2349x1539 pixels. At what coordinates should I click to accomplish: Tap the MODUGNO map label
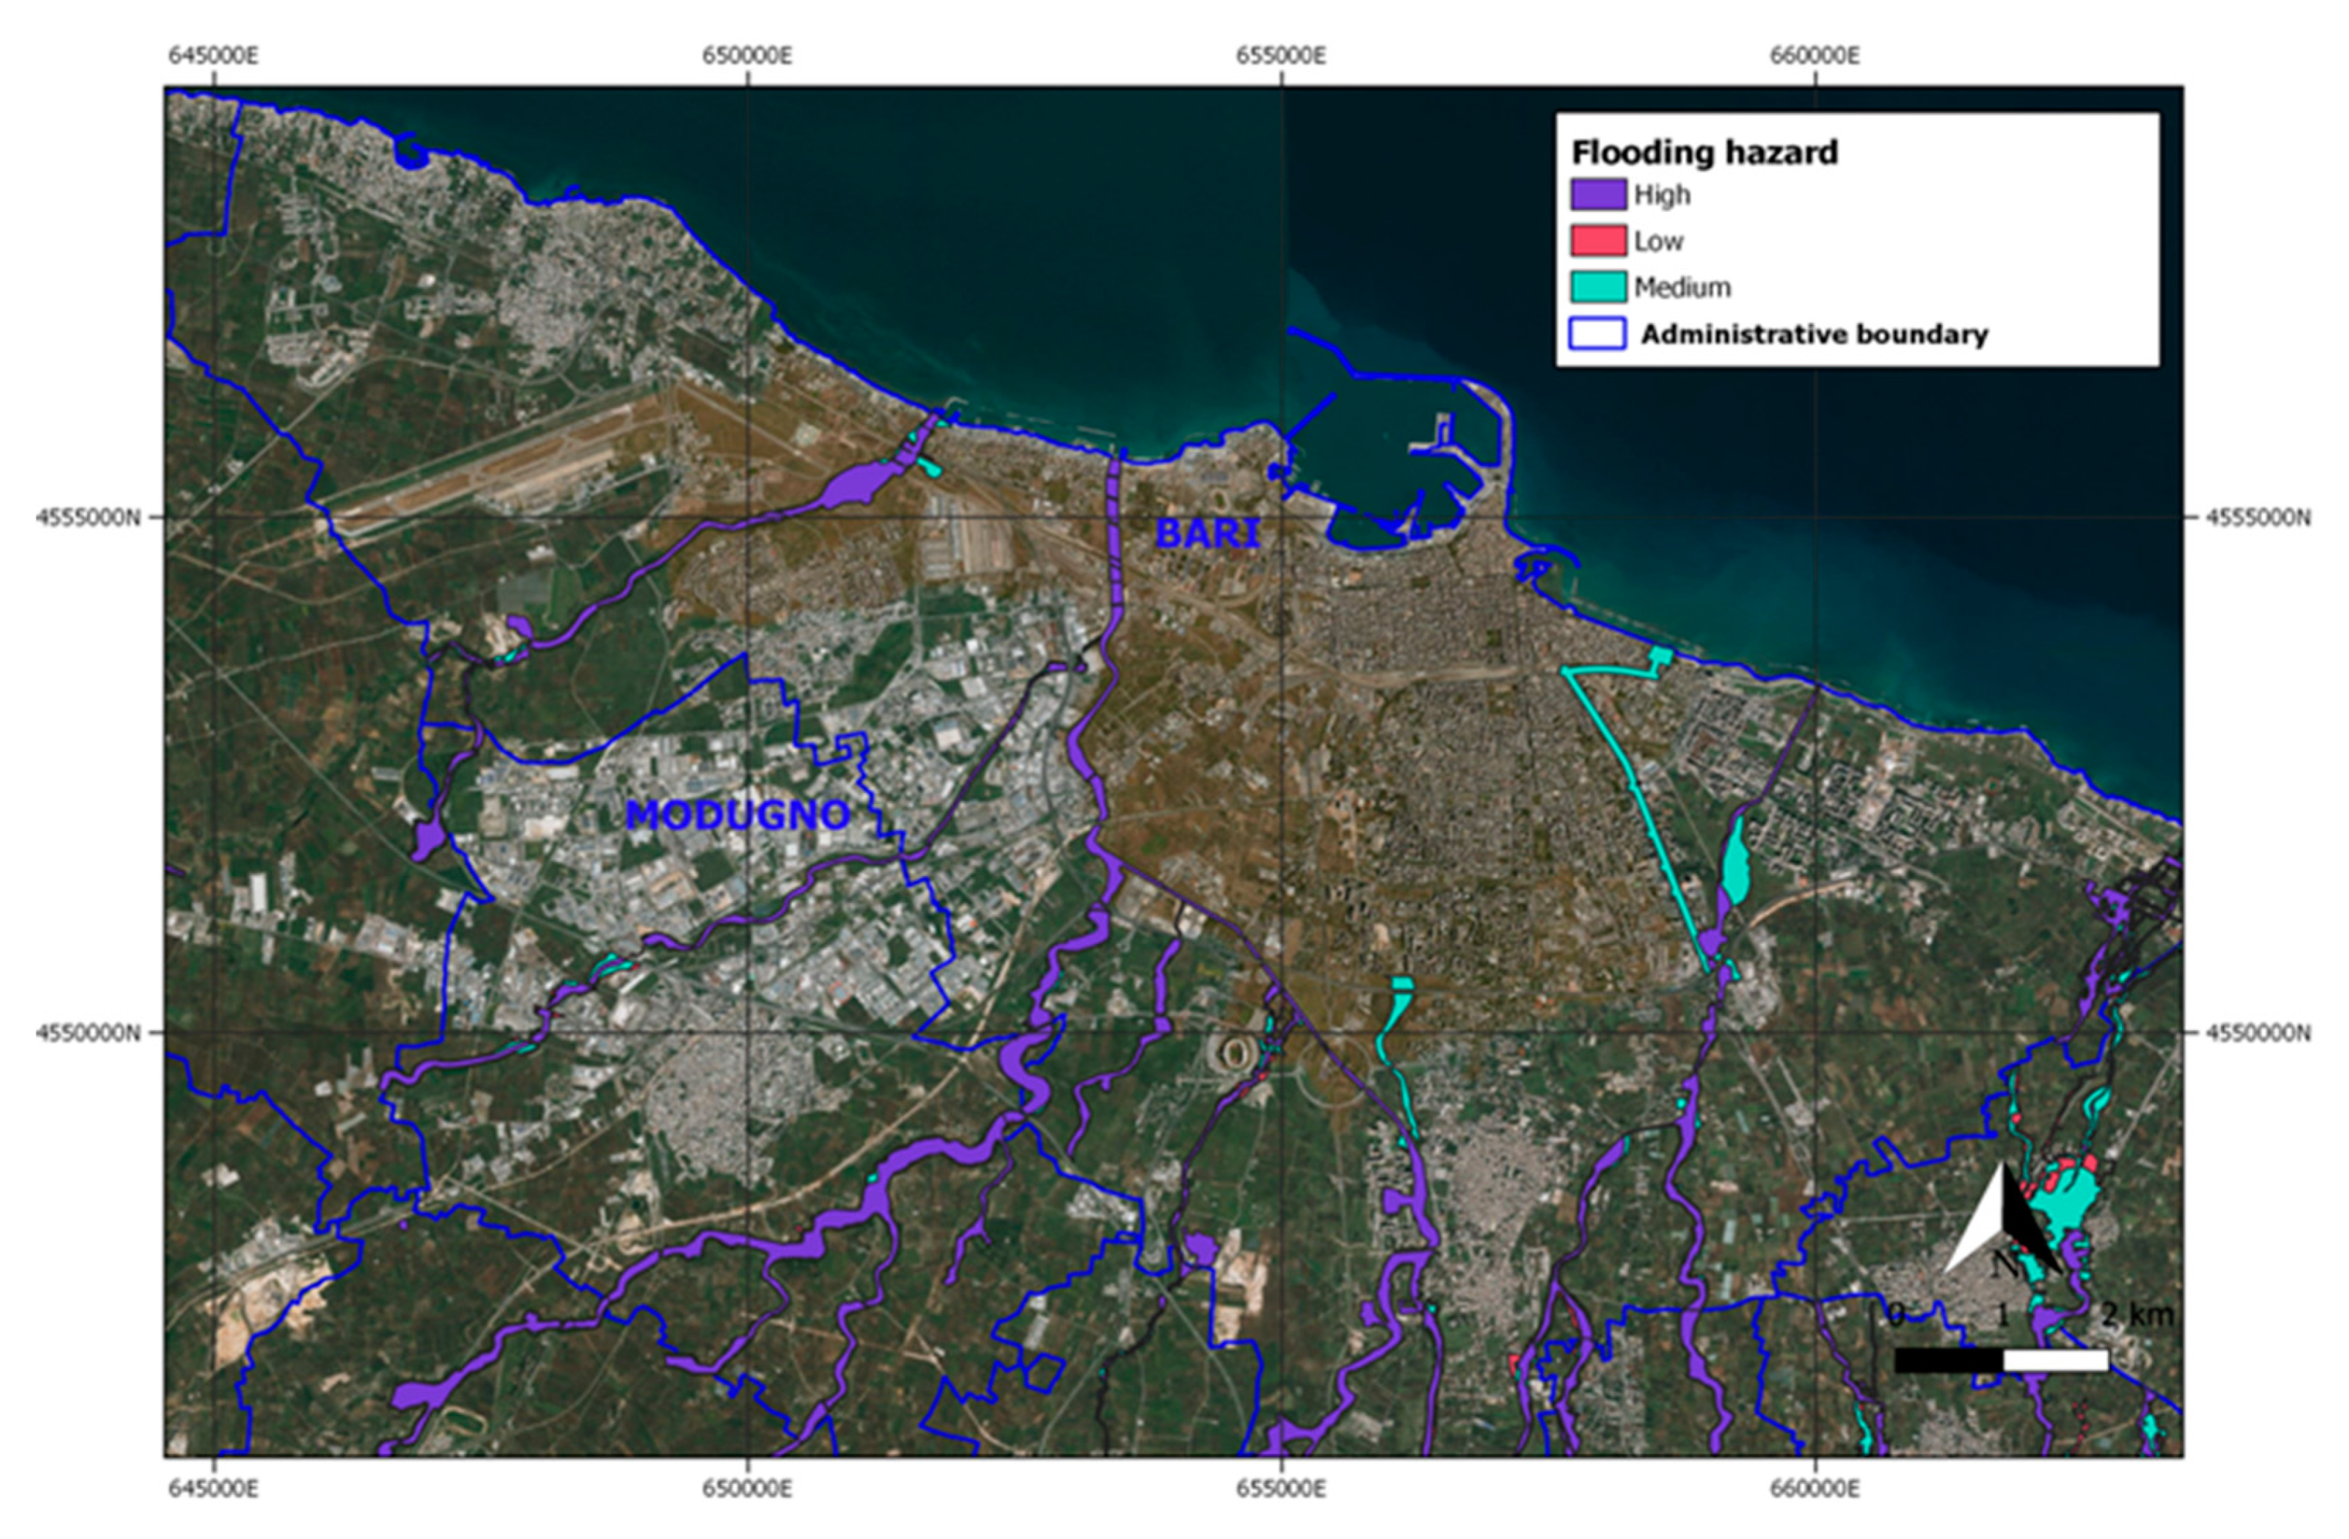coord(738,815)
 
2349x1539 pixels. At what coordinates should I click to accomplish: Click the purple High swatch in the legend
coord(1598,195)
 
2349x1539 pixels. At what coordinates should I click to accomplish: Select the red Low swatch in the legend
coord(1598,241)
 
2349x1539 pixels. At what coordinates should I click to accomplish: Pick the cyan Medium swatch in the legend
coord(1598,287)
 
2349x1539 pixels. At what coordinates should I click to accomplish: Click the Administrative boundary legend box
coord(1598,334)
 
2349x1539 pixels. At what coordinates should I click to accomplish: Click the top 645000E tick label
coord(213,55)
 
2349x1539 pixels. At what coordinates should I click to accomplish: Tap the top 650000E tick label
coord(747,55)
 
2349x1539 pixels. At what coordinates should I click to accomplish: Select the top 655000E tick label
coord(1281,55)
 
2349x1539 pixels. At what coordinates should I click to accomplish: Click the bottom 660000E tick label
coord(1814,1488)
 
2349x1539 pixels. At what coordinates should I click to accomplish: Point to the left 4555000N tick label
coord(88,517)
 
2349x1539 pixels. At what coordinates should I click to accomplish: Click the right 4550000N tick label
coord(2258,1033)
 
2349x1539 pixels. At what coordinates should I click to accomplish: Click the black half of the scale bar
coord(1948,1361)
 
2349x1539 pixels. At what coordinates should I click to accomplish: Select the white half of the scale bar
coord(2056,1361)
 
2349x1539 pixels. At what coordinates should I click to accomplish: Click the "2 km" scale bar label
coord(2137,1315)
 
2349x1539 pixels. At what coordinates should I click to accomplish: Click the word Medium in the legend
coord(1683,287)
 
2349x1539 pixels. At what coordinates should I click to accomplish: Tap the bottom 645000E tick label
coord(213,1488)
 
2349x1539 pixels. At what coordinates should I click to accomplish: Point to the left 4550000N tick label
coord(88,1033)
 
